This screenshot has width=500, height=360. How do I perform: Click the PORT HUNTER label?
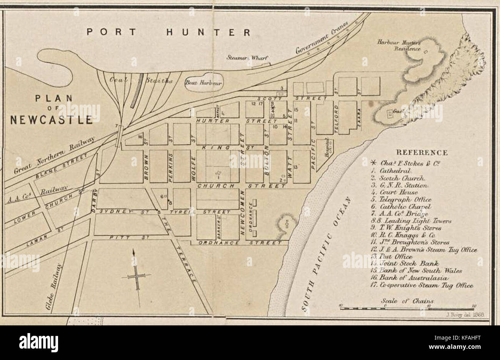pyautogui.click(x=168, y=32)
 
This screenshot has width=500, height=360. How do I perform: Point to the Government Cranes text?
pyautogui.click(x=322, y=38)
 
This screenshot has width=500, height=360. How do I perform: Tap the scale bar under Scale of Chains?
pyautogui.click(x=407, y=308)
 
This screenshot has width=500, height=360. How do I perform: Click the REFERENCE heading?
pyautogui.click(x=422, y=153)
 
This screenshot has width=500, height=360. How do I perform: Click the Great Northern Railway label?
pyautogui.click(x=54, y=156)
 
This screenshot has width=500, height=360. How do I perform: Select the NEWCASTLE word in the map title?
pyautogui.click(x=51, y=120)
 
